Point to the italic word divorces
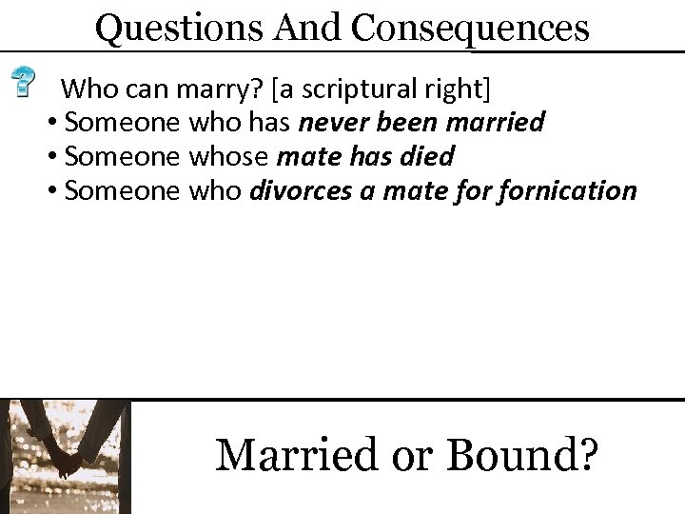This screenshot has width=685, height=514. pyautogui.click(x=294, y=191)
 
